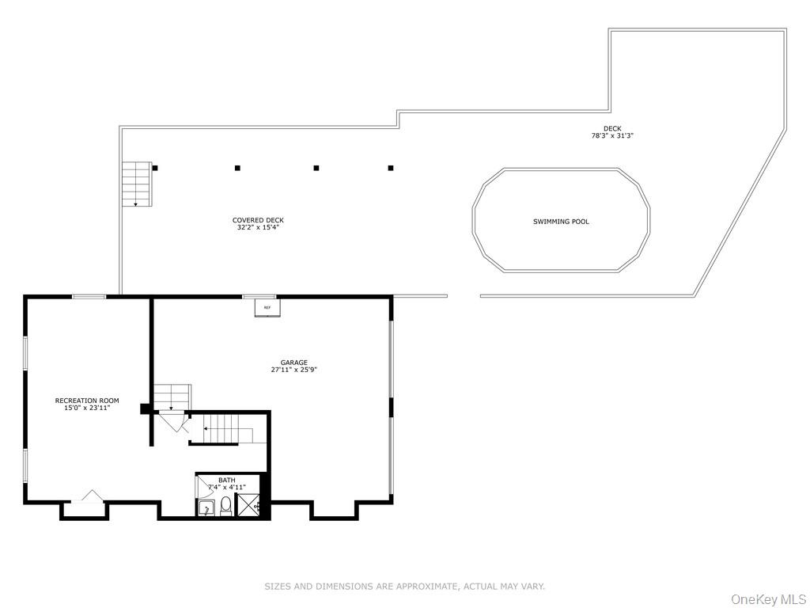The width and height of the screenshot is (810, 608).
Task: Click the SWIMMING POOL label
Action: (x=561, y=222)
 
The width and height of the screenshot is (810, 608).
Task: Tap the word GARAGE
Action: (x=293, y=363)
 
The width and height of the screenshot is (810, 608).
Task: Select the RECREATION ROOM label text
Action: (x=87, y=401)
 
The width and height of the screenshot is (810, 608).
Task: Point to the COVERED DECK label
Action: (x=258, y=220)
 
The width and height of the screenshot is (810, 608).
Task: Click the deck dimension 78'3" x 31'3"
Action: (x=612, y=135)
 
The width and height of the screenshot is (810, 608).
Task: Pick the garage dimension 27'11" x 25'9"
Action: (x=293, y=370)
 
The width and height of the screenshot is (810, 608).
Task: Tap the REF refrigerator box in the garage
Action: (x=267, y=307)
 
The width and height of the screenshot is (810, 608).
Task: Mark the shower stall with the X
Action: (x=248, y=504)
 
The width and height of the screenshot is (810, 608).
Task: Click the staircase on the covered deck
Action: (x=136, y=184)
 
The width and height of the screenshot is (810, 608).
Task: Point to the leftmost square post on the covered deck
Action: (x=155, y=168)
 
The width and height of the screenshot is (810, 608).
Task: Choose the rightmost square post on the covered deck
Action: (x=391, y=168)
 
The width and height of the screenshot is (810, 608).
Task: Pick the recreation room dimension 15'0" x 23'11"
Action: (x=87, y=408)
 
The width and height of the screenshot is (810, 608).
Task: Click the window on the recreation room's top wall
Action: (x=89, y=297)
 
